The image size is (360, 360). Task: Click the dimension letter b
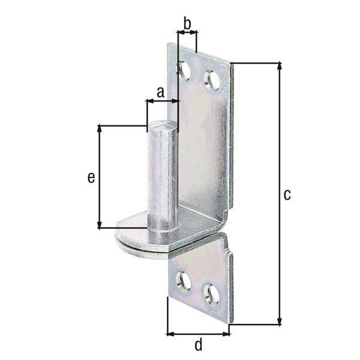tap(187, 24)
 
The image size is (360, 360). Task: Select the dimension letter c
tap(287, 194)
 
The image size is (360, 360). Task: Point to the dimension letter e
tap(91, 177)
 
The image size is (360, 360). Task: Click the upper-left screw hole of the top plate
tap(184, 71)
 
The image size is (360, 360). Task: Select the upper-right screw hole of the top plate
tap(211, 80)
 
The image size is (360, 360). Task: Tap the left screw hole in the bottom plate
tap(183, 281)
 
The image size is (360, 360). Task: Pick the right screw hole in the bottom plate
tap(211, 294)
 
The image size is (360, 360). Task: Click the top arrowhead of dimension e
tap(99, 129)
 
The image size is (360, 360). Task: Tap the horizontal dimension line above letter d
tap(199, 333)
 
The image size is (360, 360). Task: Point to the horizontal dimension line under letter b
tap(187, 34)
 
